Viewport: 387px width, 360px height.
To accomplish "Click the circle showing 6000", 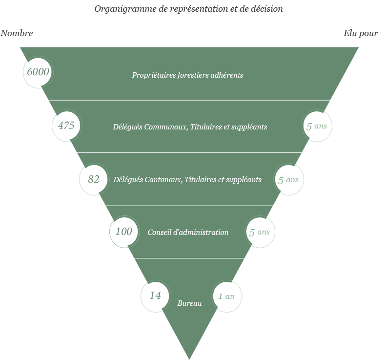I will tap(38, 72).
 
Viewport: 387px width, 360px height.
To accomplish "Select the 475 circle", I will tap(66, 126).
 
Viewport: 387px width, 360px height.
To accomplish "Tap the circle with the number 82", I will tap(94, 179).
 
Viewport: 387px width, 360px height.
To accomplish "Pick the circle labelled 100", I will tap(124, 232).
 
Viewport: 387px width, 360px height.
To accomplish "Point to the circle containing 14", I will tap(155, 296).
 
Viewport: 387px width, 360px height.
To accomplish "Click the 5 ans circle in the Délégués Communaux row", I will tap(317, 126).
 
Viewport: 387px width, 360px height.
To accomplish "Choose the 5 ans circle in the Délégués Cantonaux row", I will tap(288, 180).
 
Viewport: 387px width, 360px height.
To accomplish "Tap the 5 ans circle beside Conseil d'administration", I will tap(259, 232).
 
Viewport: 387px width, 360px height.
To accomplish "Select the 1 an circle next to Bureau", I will tap(226, 296).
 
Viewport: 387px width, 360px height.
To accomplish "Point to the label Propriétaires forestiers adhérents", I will tap(187, 75).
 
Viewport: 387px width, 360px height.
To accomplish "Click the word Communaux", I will tap(168, 127).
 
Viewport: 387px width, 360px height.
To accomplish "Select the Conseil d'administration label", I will tap(188, 233).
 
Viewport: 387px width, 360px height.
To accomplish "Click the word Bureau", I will tap(189, 303).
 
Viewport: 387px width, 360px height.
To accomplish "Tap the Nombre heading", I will tap(17, 33).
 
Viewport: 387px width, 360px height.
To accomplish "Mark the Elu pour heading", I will tap(360, 33).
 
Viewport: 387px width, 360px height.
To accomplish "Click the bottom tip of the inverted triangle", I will tap(189, 358).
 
